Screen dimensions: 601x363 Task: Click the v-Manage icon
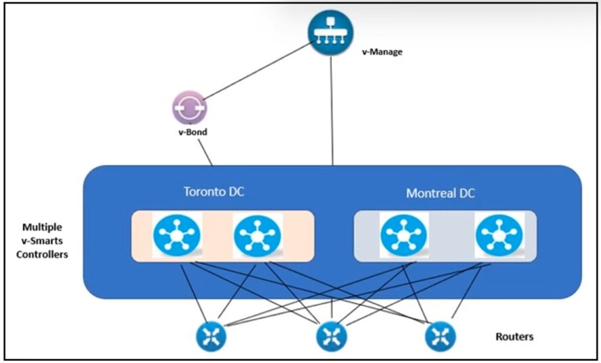click(x=330, y=33)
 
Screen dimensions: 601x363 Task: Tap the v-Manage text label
click(x=382, y=52)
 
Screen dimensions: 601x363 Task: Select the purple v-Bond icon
click(x=190, y=108)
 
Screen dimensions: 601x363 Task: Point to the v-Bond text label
click(x=193, y=133)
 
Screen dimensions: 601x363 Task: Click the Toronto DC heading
click(x=214, y=191)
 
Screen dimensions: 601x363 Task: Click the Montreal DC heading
click(x=441, y=193)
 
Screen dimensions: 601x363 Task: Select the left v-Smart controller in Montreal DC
click(x=404, y=235)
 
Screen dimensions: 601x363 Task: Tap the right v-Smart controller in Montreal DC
click(x=499, y=235)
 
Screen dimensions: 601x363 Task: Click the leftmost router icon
click(x=211, y=336)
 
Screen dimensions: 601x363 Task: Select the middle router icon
click(x=332, y=336)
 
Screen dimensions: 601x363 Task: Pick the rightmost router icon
click(x=441, y=336)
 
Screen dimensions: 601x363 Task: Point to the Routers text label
click(x=515, y=336)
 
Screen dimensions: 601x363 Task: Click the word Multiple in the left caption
click(x=42, y=227)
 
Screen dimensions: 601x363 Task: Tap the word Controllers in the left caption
click(x=42, y=254)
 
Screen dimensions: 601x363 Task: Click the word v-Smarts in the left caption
click(x=42, y=241)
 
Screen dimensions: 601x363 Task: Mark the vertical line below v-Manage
click(x=332, y=110)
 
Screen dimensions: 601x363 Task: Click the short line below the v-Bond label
click(x=205, y=152)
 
